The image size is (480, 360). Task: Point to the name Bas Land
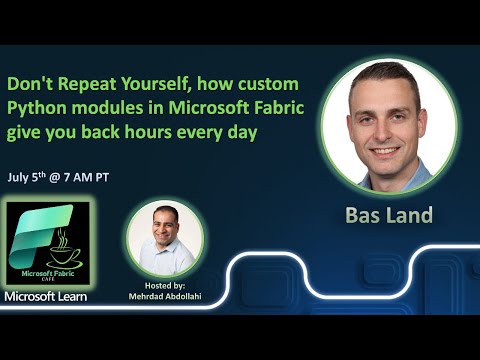(x=388, y=215)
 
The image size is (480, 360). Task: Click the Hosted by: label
(x=165, y=285)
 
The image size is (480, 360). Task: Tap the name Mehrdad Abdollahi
(x=165, y=297)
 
